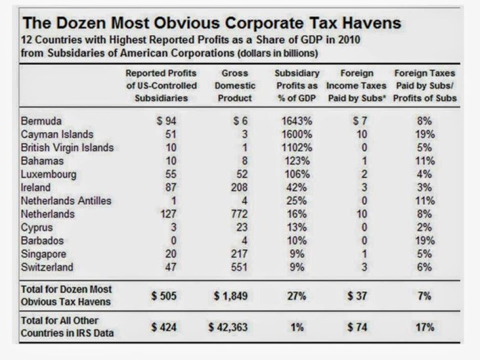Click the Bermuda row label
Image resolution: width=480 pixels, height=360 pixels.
[41, 121]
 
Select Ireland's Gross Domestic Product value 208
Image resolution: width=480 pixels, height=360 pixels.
[239, 187]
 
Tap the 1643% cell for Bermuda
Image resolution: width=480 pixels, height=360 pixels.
[297, 121]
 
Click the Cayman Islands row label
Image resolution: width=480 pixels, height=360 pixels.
[57, 135]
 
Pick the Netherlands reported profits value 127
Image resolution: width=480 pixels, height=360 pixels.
[168, 214]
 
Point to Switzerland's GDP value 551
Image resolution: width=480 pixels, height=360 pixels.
[239, 267]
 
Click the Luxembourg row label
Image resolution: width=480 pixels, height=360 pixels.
[49, 174]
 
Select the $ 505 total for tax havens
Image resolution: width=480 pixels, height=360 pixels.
[164, 296]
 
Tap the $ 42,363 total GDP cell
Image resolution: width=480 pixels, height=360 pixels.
[228, 327]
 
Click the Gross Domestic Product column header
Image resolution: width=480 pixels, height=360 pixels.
[235, 86]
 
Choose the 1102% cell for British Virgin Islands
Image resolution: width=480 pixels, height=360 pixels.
[297, 148]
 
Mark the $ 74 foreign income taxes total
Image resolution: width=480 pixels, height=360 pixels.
[357, 327]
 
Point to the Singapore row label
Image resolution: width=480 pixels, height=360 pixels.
[43, 254]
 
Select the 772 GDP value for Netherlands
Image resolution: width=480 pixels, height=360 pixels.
[239, 214]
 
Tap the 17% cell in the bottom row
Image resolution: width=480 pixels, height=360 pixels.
[425, 327]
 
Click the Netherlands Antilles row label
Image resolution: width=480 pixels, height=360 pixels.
[66, 200]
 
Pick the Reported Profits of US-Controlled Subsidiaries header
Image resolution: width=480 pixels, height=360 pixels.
[162, 86]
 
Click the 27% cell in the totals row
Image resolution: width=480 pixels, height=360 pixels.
[296, 296]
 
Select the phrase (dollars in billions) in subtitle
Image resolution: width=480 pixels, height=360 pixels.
[278, 53]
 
